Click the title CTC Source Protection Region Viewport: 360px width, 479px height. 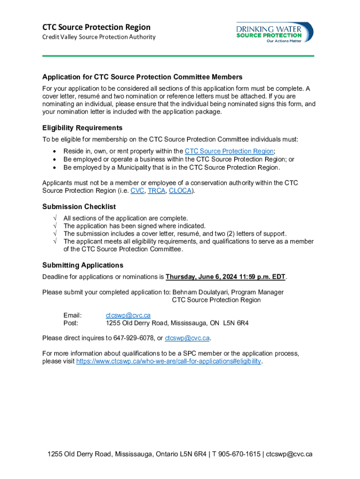click(x=96, y=27)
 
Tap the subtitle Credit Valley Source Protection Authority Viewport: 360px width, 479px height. click(x=99, y=37)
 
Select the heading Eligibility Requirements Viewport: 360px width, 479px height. click(x=82, y=128)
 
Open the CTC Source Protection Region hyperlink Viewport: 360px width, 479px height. click(x=229, y=151)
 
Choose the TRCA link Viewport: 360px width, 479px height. click(x=157, y=191)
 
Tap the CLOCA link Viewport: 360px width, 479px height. click(x=180, y=191)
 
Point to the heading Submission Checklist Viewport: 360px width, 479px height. click(x=79, y=206)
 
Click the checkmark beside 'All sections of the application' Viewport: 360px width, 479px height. click(x=55, y=218)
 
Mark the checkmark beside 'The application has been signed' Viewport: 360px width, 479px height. click(x=55, y=226)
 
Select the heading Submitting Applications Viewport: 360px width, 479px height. click(x=83, y=265)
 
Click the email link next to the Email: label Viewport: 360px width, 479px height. click(x=128, y=315)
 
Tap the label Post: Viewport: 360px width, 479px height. click(x=71, y=323)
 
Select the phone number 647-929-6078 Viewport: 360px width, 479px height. click(x=133, y=338)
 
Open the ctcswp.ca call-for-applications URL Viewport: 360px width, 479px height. click(x=168, y=362)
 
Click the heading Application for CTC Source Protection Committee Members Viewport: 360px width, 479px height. click(x=142, y=77)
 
